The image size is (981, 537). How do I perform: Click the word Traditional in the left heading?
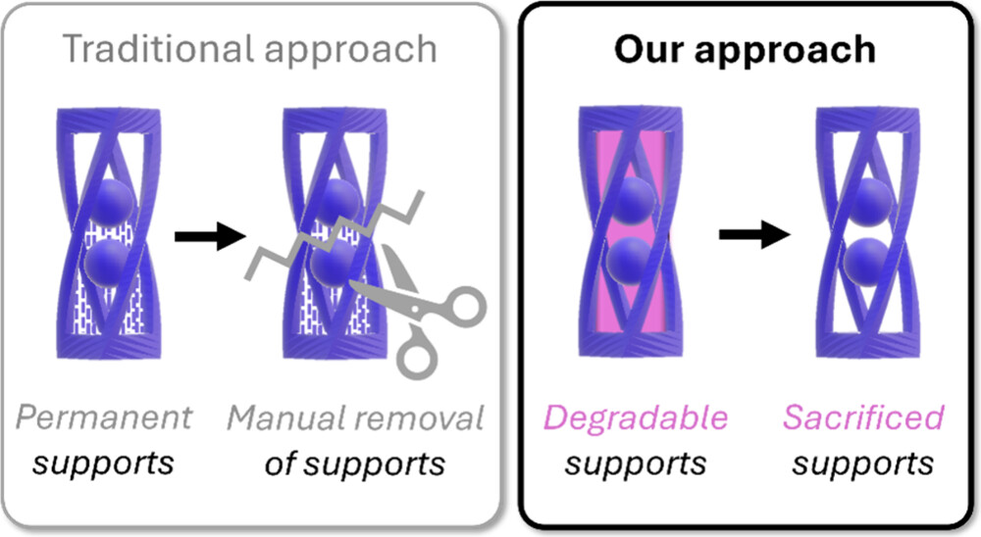(160, 49)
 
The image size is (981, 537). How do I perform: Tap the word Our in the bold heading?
(649, 49)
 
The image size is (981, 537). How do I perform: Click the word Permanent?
(104, 417)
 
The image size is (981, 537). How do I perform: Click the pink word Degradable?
(636, 417)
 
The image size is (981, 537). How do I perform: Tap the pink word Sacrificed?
(863, 417)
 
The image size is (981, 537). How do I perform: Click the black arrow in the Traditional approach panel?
(210, 236)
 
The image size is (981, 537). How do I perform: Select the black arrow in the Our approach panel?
(754, 234)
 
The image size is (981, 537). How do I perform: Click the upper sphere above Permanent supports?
(113, 202)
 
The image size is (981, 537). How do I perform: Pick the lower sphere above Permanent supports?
(106, 264)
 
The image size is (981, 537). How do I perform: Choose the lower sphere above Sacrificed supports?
(865, 262)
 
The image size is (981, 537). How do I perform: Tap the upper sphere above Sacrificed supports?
(872, 201)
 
